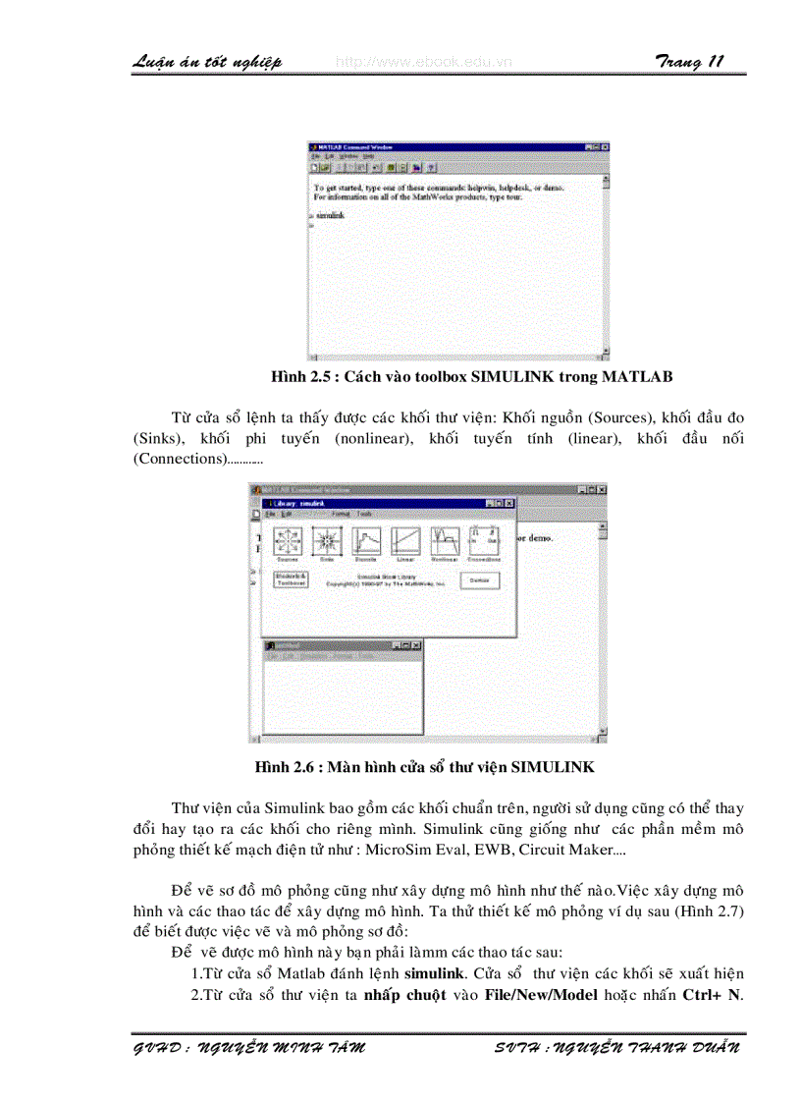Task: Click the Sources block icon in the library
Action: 287,540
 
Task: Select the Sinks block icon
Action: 325,540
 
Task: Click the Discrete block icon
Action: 365,540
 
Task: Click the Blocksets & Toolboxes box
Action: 290,579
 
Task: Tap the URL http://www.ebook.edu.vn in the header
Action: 423,62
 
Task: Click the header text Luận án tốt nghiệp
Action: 207,62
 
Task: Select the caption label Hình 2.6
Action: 289,765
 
